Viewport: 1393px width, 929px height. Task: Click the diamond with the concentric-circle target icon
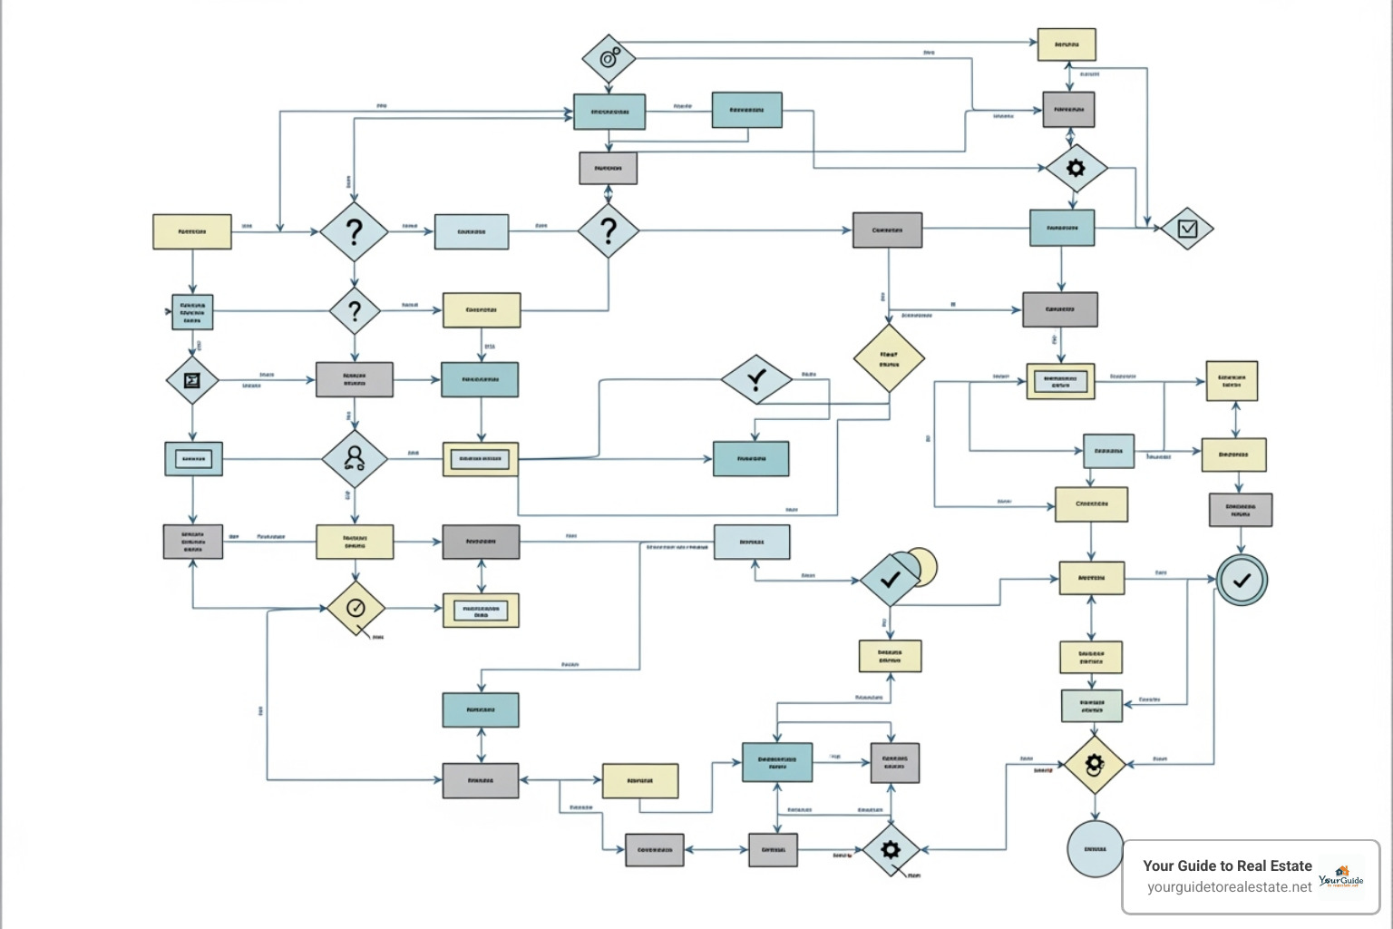point(609,60)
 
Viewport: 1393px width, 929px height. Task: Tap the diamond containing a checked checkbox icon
point(1186,229)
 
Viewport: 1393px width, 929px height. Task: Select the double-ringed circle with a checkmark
point(1241,580)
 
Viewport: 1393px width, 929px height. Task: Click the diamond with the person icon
point(355,458)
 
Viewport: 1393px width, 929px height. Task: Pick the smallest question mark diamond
point(355,311)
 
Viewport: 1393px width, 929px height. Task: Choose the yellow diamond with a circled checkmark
point(356,609)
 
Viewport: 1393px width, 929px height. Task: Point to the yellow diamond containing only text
point(889,359)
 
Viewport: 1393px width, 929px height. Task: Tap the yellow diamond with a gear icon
point(1095,765)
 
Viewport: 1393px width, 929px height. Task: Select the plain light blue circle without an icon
point(1095,849)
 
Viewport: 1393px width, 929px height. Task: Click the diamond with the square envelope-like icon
point(192,380)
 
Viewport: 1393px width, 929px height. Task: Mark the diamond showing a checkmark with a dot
point(756,379)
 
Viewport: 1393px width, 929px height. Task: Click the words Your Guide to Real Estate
point(1227,865)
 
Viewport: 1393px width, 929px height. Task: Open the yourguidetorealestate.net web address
point(1229,887)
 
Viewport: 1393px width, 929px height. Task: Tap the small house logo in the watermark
point(1341,872)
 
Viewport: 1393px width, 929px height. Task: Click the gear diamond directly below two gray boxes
point(891,849)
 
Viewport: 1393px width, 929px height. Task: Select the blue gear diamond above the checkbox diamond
point(1076,168)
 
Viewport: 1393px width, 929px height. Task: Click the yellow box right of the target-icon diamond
point(1067,44)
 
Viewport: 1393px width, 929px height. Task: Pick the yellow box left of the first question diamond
point(191,232)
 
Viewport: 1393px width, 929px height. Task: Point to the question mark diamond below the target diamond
point(609,230)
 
